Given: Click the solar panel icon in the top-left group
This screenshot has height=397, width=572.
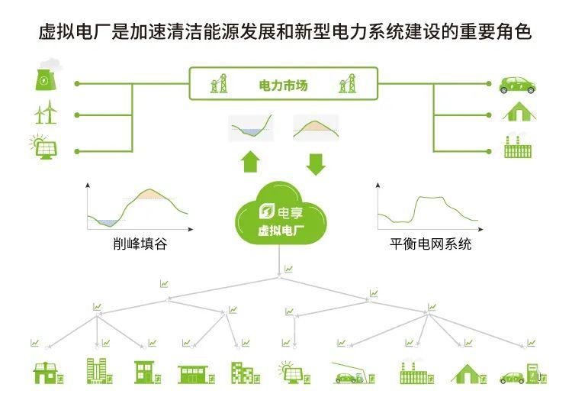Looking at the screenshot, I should (x=43, y=147).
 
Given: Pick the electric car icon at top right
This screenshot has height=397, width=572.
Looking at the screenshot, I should (x=517, y=83).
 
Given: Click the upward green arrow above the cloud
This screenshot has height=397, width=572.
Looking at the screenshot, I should (x=250, y=162).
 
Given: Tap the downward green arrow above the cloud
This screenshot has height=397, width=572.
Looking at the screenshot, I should (x=315, y=162).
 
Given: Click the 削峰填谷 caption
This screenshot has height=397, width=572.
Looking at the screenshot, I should (x=137, y=244).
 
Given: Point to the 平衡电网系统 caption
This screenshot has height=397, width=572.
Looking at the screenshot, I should (x=430, y=244).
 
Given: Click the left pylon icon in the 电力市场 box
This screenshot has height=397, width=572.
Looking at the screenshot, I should (x=219, y=84).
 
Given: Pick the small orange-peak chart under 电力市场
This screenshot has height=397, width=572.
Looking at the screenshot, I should (x=315, y=127).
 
